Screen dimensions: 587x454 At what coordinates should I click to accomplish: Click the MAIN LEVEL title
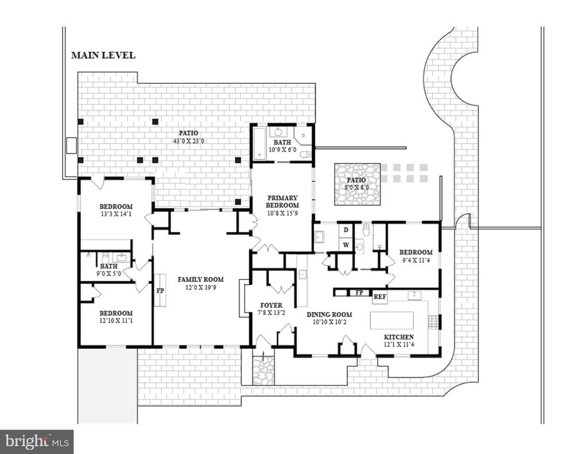tap(103, 56)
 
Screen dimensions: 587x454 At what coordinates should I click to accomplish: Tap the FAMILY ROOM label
tap(201, 280)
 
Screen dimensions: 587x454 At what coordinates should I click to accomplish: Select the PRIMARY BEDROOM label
tap(282, 201)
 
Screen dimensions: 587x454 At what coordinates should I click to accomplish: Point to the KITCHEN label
tap(399, 337)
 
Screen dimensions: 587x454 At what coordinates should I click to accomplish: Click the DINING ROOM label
tap(329, 315)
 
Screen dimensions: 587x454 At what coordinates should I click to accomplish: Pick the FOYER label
tap(271, 305)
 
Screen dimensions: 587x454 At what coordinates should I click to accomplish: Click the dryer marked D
tap(346, 230)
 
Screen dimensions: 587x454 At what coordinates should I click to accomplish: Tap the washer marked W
tap(346, 245)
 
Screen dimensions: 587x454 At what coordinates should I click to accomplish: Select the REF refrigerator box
tap(380, 297)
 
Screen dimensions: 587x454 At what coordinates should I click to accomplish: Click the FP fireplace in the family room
tap(161, 290)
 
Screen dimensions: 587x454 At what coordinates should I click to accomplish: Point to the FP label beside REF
tap(359, 292)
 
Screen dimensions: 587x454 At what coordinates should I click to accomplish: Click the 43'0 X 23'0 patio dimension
tap(188, 141)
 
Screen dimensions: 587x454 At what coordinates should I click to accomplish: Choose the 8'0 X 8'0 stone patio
tap(358, 184)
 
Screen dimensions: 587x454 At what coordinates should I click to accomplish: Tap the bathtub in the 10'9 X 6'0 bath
tap(259, 143)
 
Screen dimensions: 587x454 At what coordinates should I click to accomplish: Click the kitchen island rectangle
tap(392, 320)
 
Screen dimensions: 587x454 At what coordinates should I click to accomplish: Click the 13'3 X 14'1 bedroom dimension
tap(116, 215)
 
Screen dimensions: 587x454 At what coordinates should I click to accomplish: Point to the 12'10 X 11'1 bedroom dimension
tap(116, 321)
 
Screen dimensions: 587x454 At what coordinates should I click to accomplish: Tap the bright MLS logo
tap(37, 441)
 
